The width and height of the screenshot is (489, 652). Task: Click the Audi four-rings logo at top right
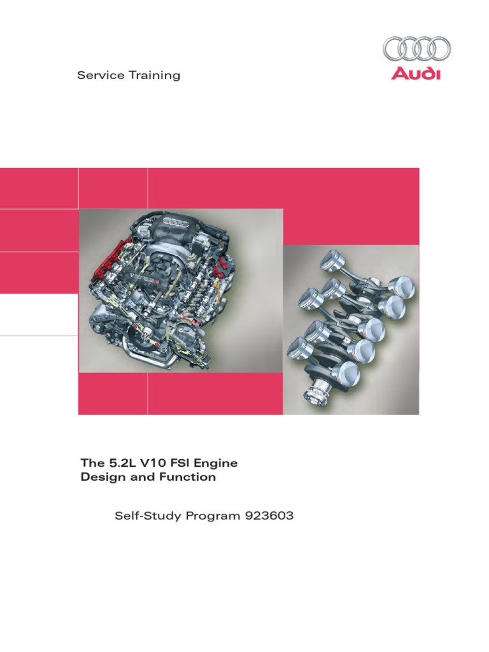416,49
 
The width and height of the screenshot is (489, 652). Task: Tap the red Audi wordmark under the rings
416,74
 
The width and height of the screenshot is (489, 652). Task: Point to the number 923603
269,516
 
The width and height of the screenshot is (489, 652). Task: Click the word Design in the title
99,477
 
